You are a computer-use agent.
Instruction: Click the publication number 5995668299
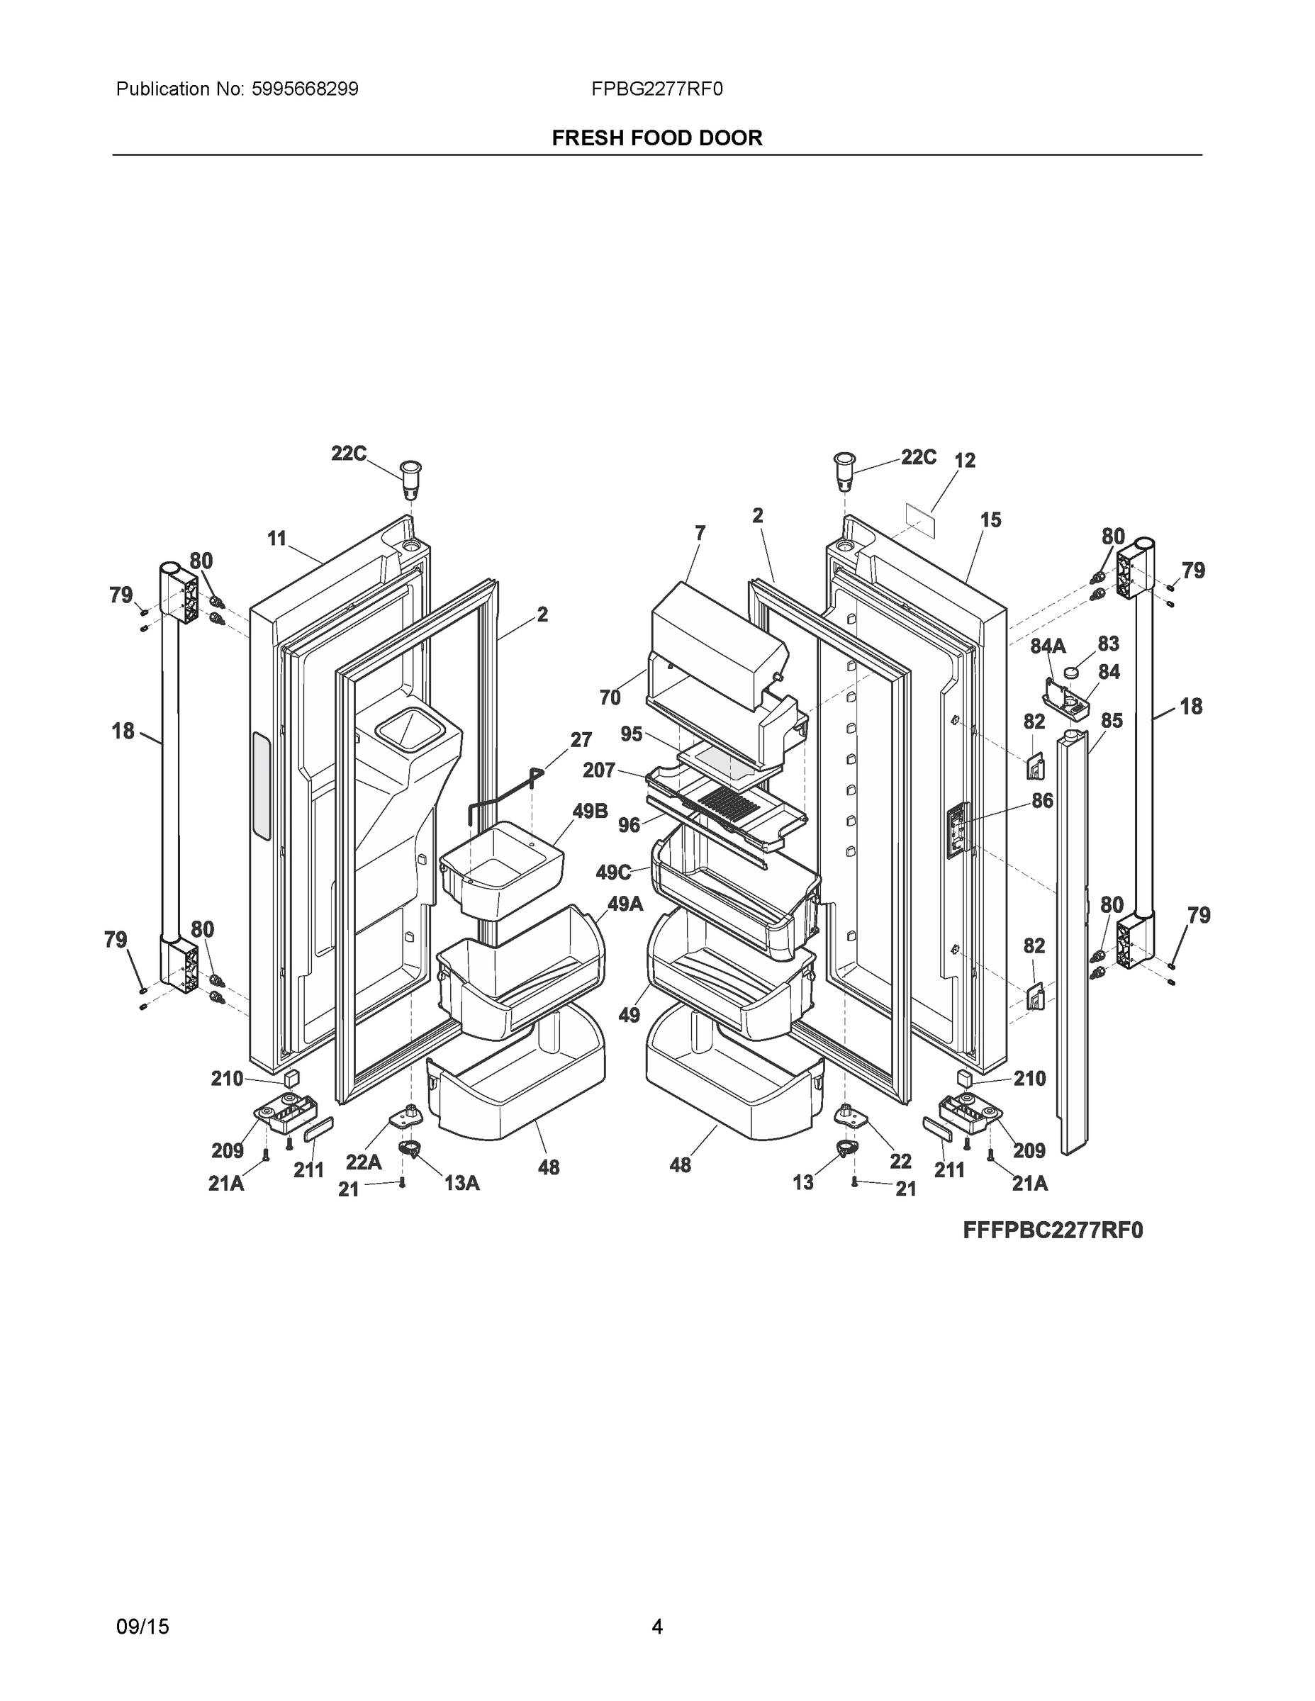[x=305, y=89]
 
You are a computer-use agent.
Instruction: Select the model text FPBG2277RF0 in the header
[x=656, y=89]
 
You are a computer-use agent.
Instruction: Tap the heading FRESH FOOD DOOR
[x=656, y=138]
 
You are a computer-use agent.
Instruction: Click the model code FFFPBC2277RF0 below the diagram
[x=1053, y=1230]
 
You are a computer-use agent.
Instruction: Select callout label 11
[x=276, y=538]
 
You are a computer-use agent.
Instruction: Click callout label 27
[x=581, y=739]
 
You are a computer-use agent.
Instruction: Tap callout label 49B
[x=590, y=811]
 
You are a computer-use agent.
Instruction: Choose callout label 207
[x=599, y=770]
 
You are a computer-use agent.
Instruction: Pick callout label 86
[x=1041, y=800]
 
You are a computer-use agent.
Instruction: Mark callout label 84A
[x=1048, y=646]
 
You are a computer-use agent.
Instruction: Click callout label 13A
[x=462, y=1183]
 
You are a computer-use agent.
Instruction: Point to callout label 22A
[x=363, y=1162]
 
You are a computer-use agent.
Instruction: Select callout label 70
[x=610, y=698]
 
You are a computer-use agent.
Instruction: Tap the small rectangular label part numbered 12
[x=920, y=517]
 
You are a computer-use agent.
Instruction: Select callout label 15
[x=990, y=520]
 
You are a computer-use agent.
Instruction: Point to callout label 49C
[x=613, y=872]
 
